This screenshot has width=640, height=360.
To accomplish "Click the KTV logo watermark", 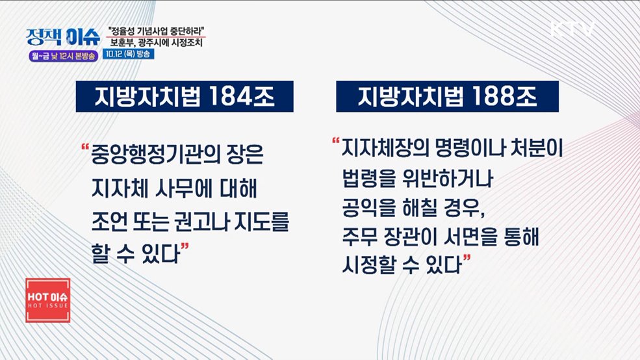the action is tap(572, 29).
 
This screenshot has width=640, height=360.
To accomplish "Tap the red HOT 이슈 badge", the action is tap(47, 300).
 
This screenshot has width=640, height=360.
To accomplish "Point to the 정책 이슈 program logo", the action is tap(63, 37).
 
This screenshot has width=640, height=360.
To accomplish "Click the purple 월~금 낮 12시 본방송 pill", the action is tap(63, 56).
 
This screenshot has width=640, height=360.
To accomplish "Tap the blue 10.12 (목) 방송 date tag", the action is tap(128, 54).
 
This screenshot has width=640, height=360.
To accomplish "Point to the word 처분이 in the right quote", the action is tap(537, 148).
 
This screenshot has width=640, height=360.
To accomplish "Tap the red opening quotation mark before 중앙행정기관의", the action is tap(85, 147).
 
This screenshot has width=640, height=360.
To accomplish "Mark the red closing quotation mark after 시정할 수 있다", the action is tap(467, 258).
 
